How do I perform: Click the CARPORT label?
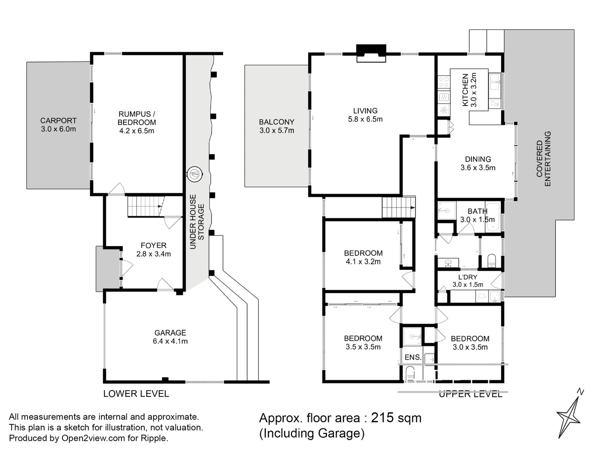click(58, 121)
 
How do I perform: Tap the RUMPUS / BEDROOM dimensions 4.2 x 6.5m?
click(136, 131)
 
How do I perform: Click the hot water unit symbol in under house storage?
click(194, 173)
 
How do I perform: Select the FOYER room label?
click(153, 246)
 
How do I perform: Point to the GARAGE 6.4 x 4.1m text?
click(170, 337)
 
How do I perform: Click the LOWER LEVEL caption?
click(136, 394)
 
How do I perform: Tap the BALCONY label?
click(276, 122)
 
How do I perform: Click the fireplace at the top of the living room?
click(371, 53)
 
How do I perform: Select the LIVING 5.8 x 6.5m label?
click(365, 115)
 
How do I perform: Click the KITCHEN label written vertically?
click(465, 90)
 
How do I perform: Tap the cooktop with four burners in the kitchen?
click(444, 82)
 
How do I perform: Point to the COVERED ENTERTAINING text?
click(543, 159)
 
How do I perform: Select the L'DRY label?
click(467, 277)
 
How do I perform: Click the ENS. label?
click(413, 357)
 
